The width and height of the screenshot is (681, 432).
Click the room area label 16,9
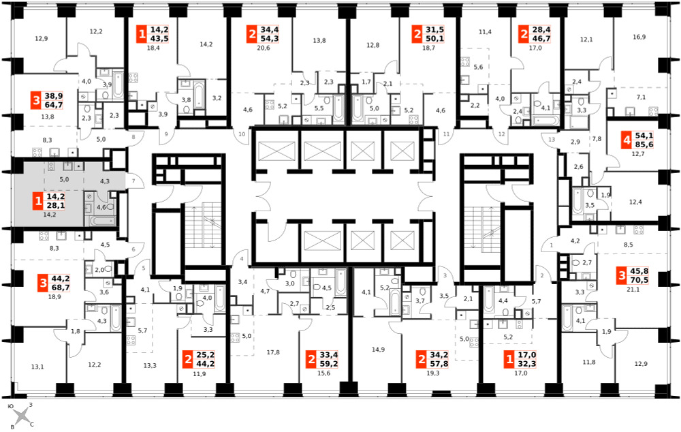tap(639, 37)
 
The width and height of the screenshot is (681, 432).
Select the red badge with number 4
tap(627, 140)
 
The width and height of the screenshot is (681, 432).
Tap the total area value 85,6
tap(644, 144)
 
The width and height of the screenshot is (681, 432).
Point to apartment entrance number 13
tap(552, 140)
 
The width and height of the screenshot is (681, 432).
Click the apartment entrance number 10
tap(242, 134)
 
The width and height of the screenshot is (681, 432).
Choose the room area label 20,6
tap(263, 48)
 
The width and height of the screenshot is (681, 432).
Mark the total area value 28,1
tap(56, 205)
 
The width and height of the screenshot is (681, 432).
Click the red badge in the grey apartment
tap(38, 201)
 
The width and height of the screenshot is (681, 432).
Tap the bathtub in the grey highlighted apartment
tap(104, 221)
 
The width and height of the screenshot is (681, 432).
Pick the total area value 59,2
tap(328, 364)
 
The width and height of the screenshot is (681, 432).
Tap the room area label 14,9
tap(378, 350)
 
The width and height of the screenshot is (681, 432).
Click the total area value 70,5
tap(639, 280)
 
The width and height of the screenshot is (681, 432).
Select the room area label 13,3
tap(150, 365)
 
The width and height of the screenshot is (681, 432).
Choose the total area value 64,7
tap(54, 105)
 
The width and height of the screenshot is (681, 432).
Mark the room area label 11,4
tap(485, 32)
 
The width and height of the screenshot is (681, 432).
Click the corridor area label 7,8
tap(597, 139)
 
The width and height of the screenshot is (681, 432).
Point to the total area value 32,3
tap(527, 364)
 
